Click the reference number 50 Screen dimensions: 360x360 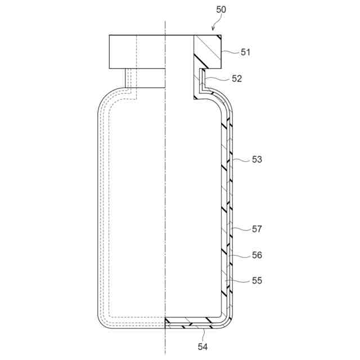point(221,10)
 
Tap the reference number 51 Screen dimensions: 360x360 point(245,52)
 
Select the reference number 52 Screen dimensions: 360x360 point(237,79)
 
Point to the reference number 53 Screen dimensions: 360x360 point(257,159)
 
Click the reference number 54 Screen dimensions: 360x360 point(202,346)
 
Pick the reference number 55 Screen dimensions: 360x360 point(257,280)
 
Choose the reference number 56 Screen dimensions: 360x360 point(257,255)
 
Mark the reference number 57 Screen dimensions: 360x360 point(257,229)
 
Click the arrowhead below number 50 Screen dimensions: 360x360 point(213,29)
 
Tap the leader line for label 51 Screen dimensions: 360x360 point(230,52)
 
